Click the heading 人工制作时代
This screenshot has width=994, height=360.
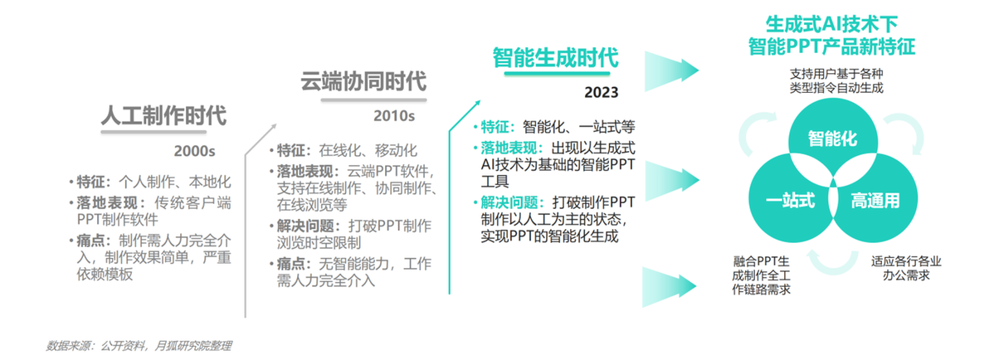163,117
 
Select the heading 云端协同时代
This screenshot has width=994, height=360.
363,82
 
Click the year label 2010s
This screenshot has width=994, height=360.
393,116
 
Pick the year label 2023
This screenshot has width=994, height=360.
601,93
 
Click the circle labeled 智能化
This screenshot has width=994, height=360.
831,139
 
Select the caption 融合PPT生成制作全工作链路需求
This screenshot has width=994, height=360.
761,275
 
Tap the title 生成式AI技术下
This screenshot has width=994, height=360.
831,26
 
